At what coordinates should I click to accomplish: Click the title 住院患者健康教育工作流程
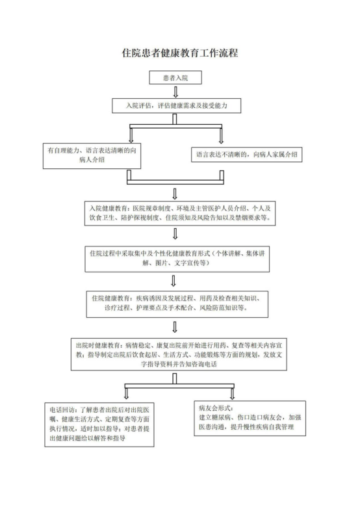click(180, 53)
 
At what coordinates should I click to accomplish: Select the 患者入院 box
click(175, 77)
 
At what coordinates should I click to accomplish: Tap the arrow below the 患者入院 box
click(175, 92)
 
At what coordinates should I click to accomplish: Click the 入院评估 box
click(176, 105)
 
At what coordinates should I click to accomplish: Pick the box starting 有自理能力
click(92, 155)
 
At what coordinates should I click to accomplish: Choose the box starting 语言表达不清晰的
click(246, 155)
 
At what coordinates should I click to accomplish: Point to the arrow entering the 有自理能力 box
click(131, 135)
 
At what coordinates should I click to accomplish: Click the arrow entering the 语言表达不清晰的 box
click(221, 135)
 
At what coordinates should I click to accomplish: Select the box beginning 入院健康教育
click(180, 213)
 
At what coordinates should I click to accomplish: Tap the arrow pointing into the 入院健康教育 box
click(175, 194)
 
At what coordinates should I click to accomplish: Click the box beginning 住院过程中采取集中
click(177, 258)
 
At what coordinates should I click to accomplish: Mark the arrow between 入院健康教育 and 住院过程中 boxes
click(175, 233)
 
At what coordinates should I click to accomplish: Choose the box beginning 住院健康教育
click(177, 304)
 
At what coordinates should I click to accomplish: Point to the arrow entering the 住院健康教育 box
click(174, 281)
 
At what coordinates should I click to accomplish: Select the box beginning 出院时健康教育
click(179, 354)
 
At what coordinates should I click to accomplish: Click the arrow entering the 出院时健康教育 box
click(175, 327)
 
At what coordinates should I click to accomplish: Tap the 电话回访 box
click(99, 424)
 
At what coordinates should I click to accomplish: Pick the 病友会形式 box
click(250, 418)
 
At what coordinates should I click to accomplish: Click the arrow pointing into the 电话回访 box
click(127, 393)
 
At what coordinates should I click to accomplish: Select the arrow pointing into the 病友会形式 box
click(232, 393)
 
